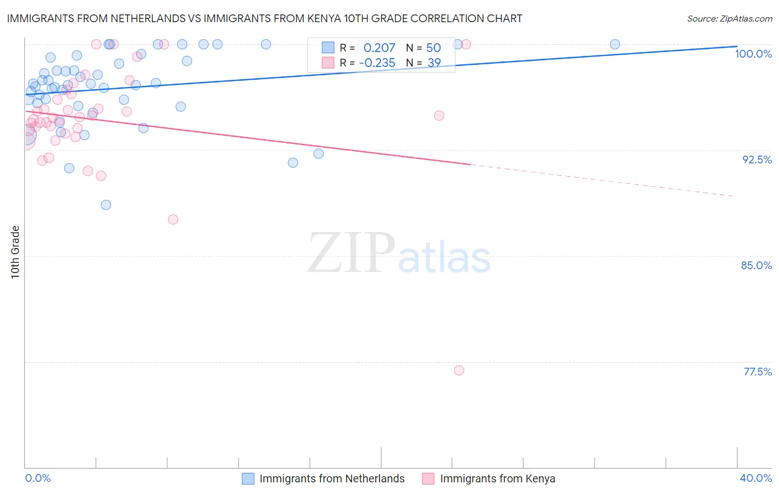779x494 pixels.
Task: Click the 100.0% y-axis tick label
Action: [753, 54]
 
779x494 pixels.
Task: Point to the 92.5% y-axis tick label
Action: [757, 159]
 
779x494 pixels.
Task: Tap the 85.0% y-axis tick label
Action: [756, 265]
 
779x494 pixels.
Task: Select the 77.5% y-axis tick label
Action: [757, 372]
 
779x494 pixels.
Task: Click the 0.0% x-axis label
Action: [38, 478]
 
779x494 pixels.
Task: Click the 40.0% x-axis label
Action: [756, 478]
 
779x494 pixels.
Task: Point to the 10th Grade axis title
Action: [16, 252]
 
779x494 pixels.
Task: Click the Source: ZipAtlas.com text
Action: [729, 18]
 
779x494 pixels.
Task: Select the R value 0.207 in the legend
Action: [379, 48]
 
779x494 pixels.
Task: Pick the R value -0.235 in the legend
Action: [377, 63]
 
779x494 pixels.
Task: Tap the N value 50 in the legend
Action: [433, 48]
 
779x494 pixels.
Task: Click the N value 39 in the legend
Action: [434, 63]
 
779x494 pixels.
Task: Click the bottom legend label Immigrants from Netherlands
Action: [332, 478]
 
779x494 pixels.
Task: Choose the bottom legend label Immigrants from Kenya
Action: [497, 478]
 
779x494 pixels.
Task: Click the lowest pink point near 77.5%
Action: [459, 371]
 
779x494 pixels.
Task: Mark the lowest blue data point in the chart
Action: [106, 205]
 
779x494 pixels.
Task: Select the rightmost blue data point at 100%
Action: [615, 44]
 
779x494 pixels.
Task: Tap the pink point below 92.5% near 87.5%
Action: [173, 219]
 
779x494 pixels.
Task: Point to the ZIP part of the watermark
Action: [351, 253]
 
